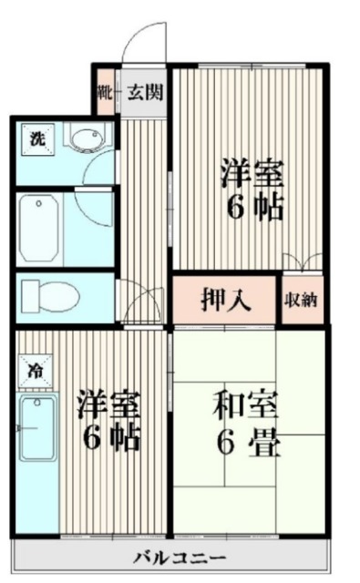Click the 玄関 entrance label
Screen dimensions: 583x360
coord(145,91)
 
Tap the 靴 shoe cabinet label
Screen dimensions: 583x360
coord(105,91)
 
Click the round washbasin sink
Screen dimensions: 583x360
coord(86,141)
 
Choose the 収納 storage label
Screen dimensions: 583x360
coord(302,299)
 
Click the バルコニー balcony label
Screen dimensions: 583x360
coord(168,557)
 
